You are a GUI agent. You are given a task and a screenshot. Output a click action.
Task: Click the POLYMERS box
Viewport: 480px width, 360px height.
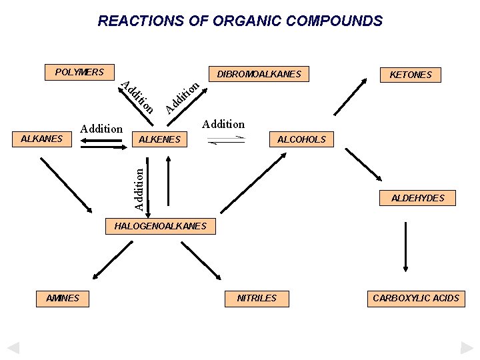pos(79,72)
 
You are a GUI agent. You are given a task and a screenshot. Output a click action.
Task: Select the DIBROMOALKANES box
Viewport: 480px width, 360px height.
pos(259,74)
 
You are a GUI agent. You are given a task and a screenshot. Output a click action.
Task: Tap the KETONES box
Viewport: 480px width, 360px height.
pos(411,75)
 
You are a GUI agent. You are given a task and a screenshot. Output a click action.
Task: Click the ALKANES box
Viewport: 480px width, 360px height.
pos(42,139)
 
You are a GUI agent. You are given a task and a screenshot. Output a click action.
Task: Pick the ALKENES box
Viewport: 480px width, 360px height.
pos(160,139)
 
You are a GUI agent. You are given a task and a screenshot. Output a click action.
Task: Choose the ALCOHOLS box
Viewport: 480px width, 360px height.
pos(301,139)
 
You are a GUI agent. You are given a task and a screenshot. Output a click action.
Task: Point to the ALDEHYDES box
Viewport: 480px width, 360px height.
pos(417,198)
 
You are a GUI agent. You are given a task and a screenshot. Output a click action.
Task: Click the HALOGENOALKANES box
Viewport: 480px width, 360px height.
pos(161,226)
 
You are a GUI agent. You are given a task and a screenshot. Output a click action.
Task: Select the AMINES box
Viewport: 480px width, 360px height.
pos(63,298)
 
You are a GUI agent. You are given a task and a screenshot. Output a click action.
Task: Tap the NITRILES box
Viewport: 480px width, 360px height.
pos(257,298)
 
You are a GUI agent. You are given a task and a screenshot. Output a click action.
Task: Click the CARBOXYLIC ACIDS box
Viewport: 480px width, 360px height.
pos(416,298)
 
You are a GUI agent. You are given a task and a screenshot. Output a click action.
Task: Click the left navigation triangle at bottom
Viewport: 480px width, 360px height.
pos(13,348)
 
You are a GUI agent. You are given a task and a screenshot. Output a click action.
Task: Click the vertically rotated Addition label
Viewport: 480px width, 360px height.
pos(138,189)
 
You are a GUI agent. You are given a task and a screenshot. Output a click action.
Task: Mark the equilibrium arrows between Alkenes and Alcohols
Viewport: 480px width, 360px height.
pos(227,141)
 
